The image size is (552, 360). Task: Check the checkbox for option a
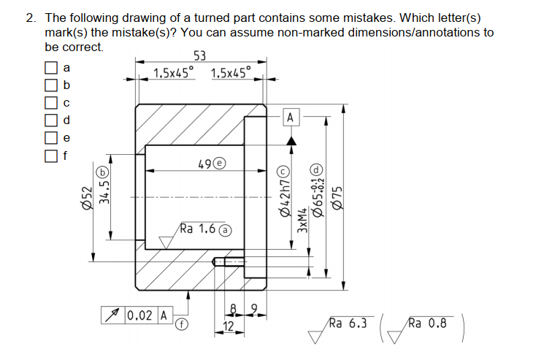pos(50,68)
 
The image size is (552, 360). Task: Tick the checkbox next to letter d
pos(50,119)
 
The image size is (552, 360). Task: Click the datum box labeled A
pos(291,117)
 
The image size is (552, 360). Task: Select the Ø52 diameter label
pos(86,197)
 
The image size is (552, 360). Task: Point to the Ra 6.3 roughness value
pos(348,322)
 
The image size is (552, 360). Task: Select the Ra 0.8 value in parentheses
pos(428,322)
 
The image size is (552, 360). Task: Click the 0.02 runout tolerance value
pos(139,315)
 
